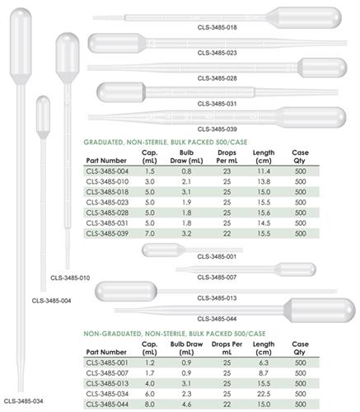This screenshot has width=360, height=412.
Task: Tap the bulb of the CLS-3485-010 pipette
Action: pos(66,54)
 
